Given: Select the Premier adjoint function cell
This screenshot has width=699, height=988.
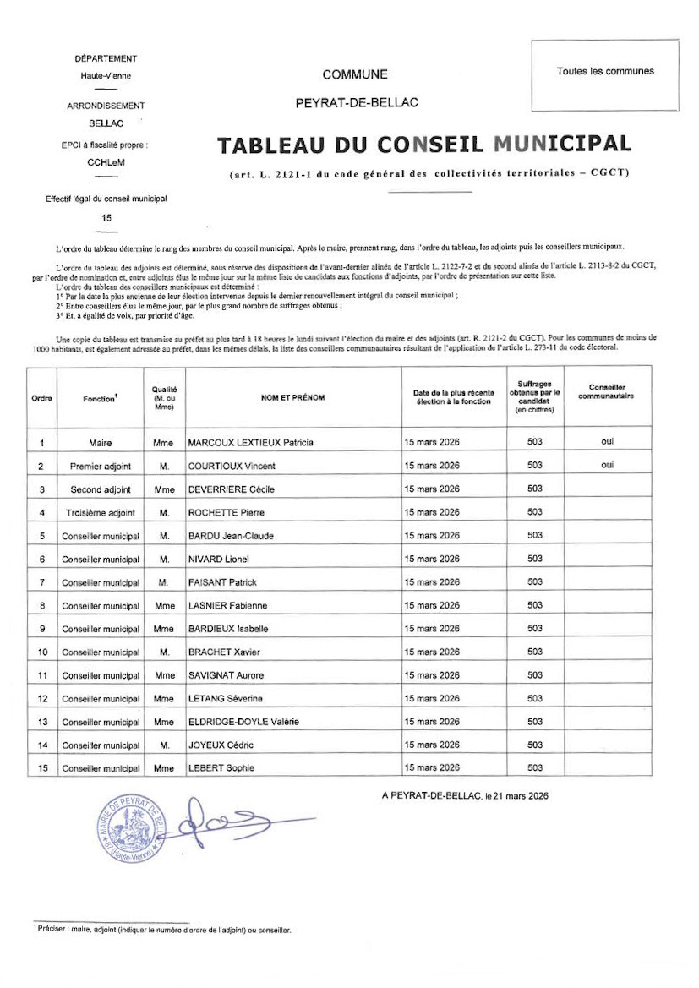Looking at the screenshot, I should point(101,466).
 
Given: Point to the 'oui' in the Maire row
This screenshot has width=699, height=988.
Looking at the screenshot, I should point(607,441).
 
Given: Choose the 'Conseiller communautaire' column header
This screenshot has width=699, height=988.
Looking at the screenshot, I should point(607,391).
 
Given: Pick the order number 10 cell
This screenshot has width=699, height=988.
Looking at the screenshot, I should point(42,652).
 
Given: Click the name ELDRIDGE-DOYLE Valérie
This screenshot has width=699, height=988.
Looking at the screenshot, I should point(243,722).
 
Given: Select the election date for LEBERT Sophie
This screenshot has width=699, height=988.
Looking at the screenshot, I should point(432,767).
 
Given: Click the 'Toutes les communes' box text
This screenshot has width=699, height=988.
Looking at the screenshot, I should point(605,71).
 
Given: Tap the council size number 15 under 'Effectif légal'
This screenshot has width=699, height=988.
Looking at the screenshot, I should point(106,217).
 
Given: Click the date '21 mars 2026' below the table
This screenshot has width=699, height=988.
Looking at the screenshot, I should point(516,795).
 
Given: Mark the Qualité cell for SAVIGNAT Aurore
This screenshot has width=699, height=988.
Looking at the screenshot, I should point(164,675).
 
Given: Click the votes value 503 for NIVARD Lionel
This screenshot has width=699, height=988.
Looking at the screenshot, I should point(534,559).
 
